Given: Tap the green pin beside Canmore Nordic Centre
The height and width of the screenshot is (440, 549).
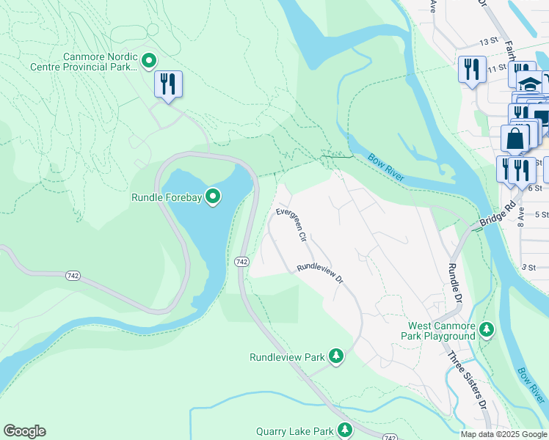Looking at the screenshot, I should click(149, 60).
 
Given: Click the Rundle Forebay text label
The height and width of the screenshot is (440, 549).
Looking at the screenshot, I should click(167, 197).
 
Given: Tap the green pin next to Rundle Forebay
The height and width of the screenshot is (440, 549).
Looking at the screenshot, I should click(213, 196).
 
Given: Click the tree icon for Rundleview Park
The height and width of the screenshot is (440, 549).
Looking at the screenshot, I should click(336, 356).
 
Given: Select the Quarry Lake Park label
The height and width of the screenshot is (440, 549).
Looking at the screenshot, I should click(294, 432).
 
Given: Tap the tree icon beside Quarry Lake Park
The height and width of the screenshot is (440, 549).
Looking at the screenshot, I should click(344, 431).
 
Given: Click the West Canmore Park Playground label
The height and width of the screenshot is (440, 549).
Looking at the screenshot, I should click(438, 330).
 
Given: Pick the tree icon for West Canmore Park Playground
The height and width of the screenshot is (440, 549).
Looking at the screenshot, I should click(487, 330).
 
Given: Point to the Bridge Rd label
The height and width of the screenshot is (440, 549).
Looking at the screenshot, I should click(494, 219).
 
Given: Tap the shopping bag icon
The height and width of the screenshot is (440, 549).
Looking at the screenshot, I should click(515, 138).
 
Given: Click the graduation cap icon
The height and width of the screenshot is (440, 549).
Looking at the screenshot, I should click(530, 81).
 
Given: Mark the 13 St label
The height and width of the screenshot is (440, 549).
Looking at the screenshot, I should click(487, 44).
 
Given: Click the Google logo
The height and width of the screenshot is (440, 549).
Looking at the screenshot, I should click(24, 431).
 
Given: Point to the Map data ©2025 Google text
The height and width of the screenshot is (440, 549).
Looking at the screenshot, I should click(503, 434).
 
